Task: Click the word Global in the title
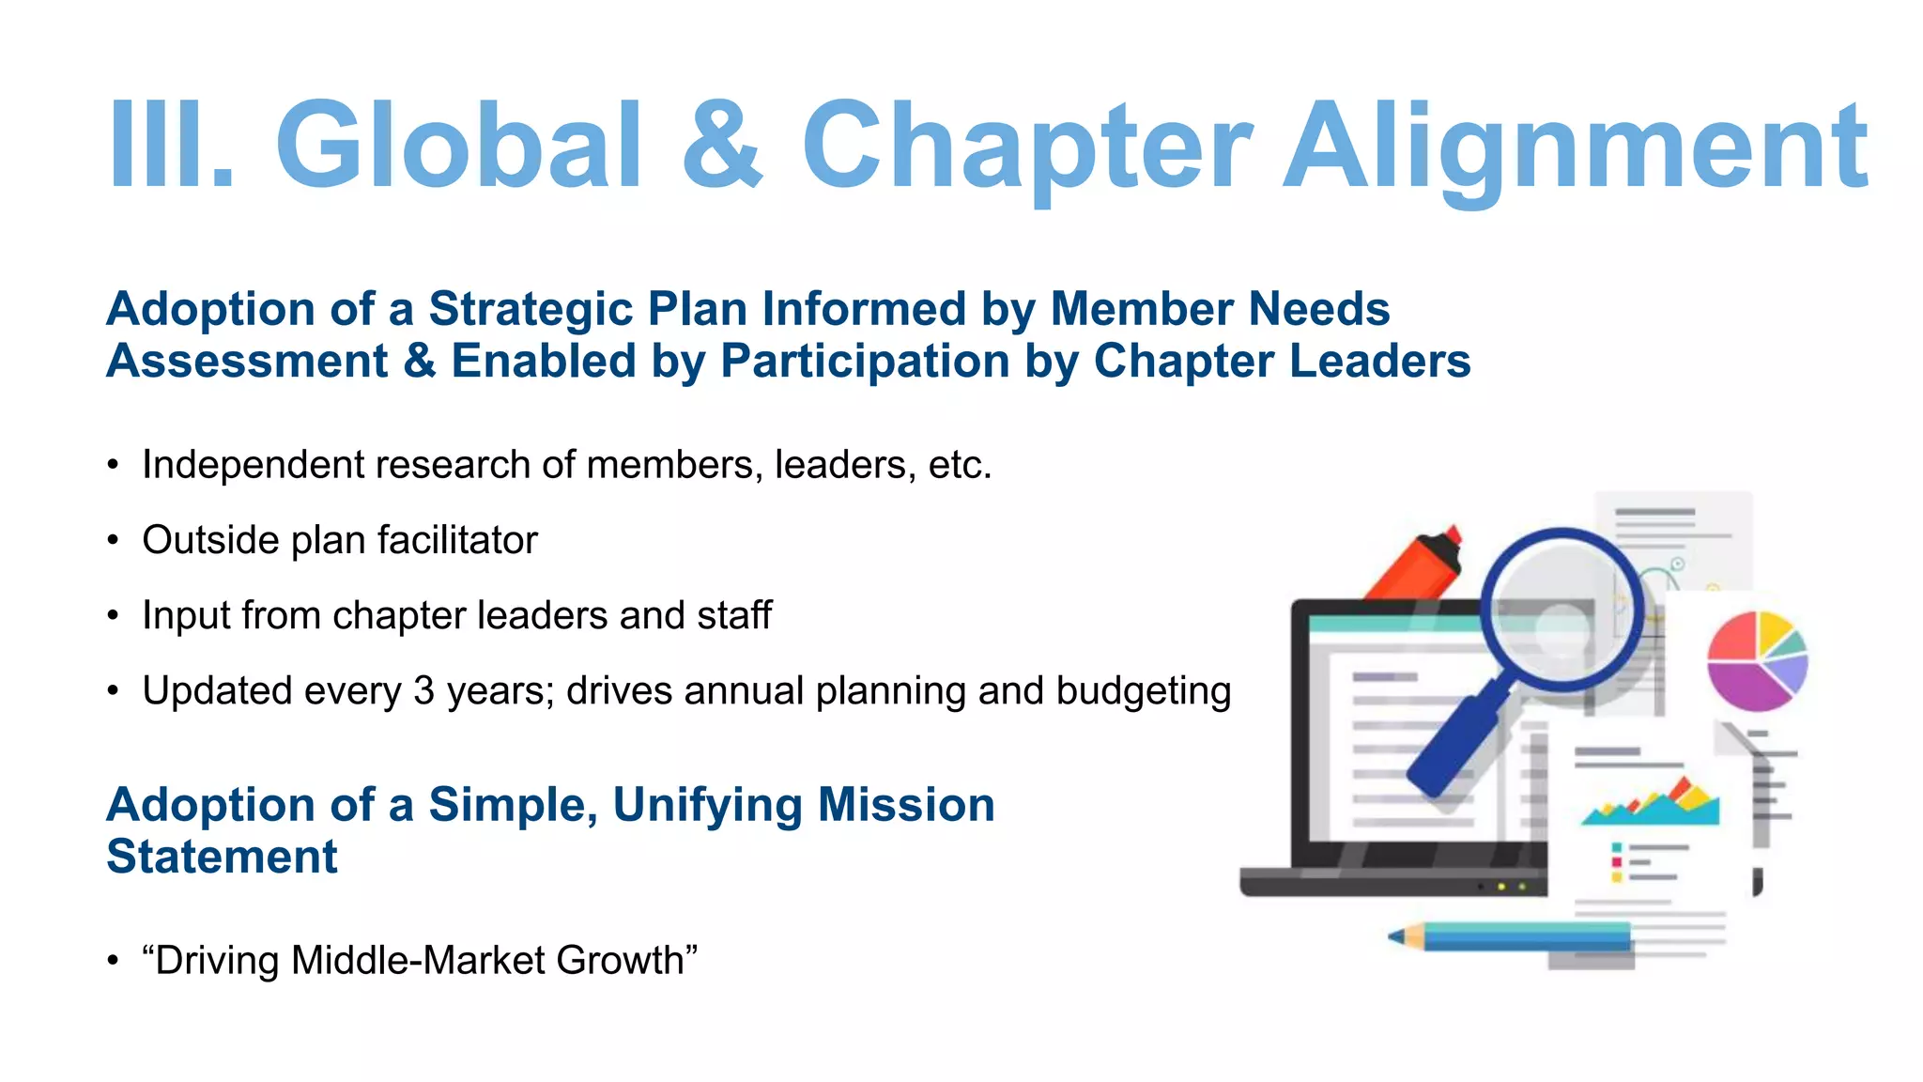[x=459, y=146]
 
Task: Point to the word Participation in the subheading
[x=864, y=362]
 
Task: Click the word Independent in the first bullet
[x=243, y=465]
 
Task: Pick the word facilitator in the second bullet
[x=457, y=540]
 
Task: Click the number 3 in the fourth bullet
[x=424, y=691]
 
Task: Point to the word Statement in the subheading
[x=222, y=857]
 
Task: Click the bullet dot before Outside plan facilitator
[x=113, y=541]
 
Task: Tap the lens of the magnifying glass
[x=1561, y=610]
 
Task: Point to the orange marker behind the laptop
[x=1418, y=564]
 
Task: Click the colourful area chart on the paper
[x=1652, y=803]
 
